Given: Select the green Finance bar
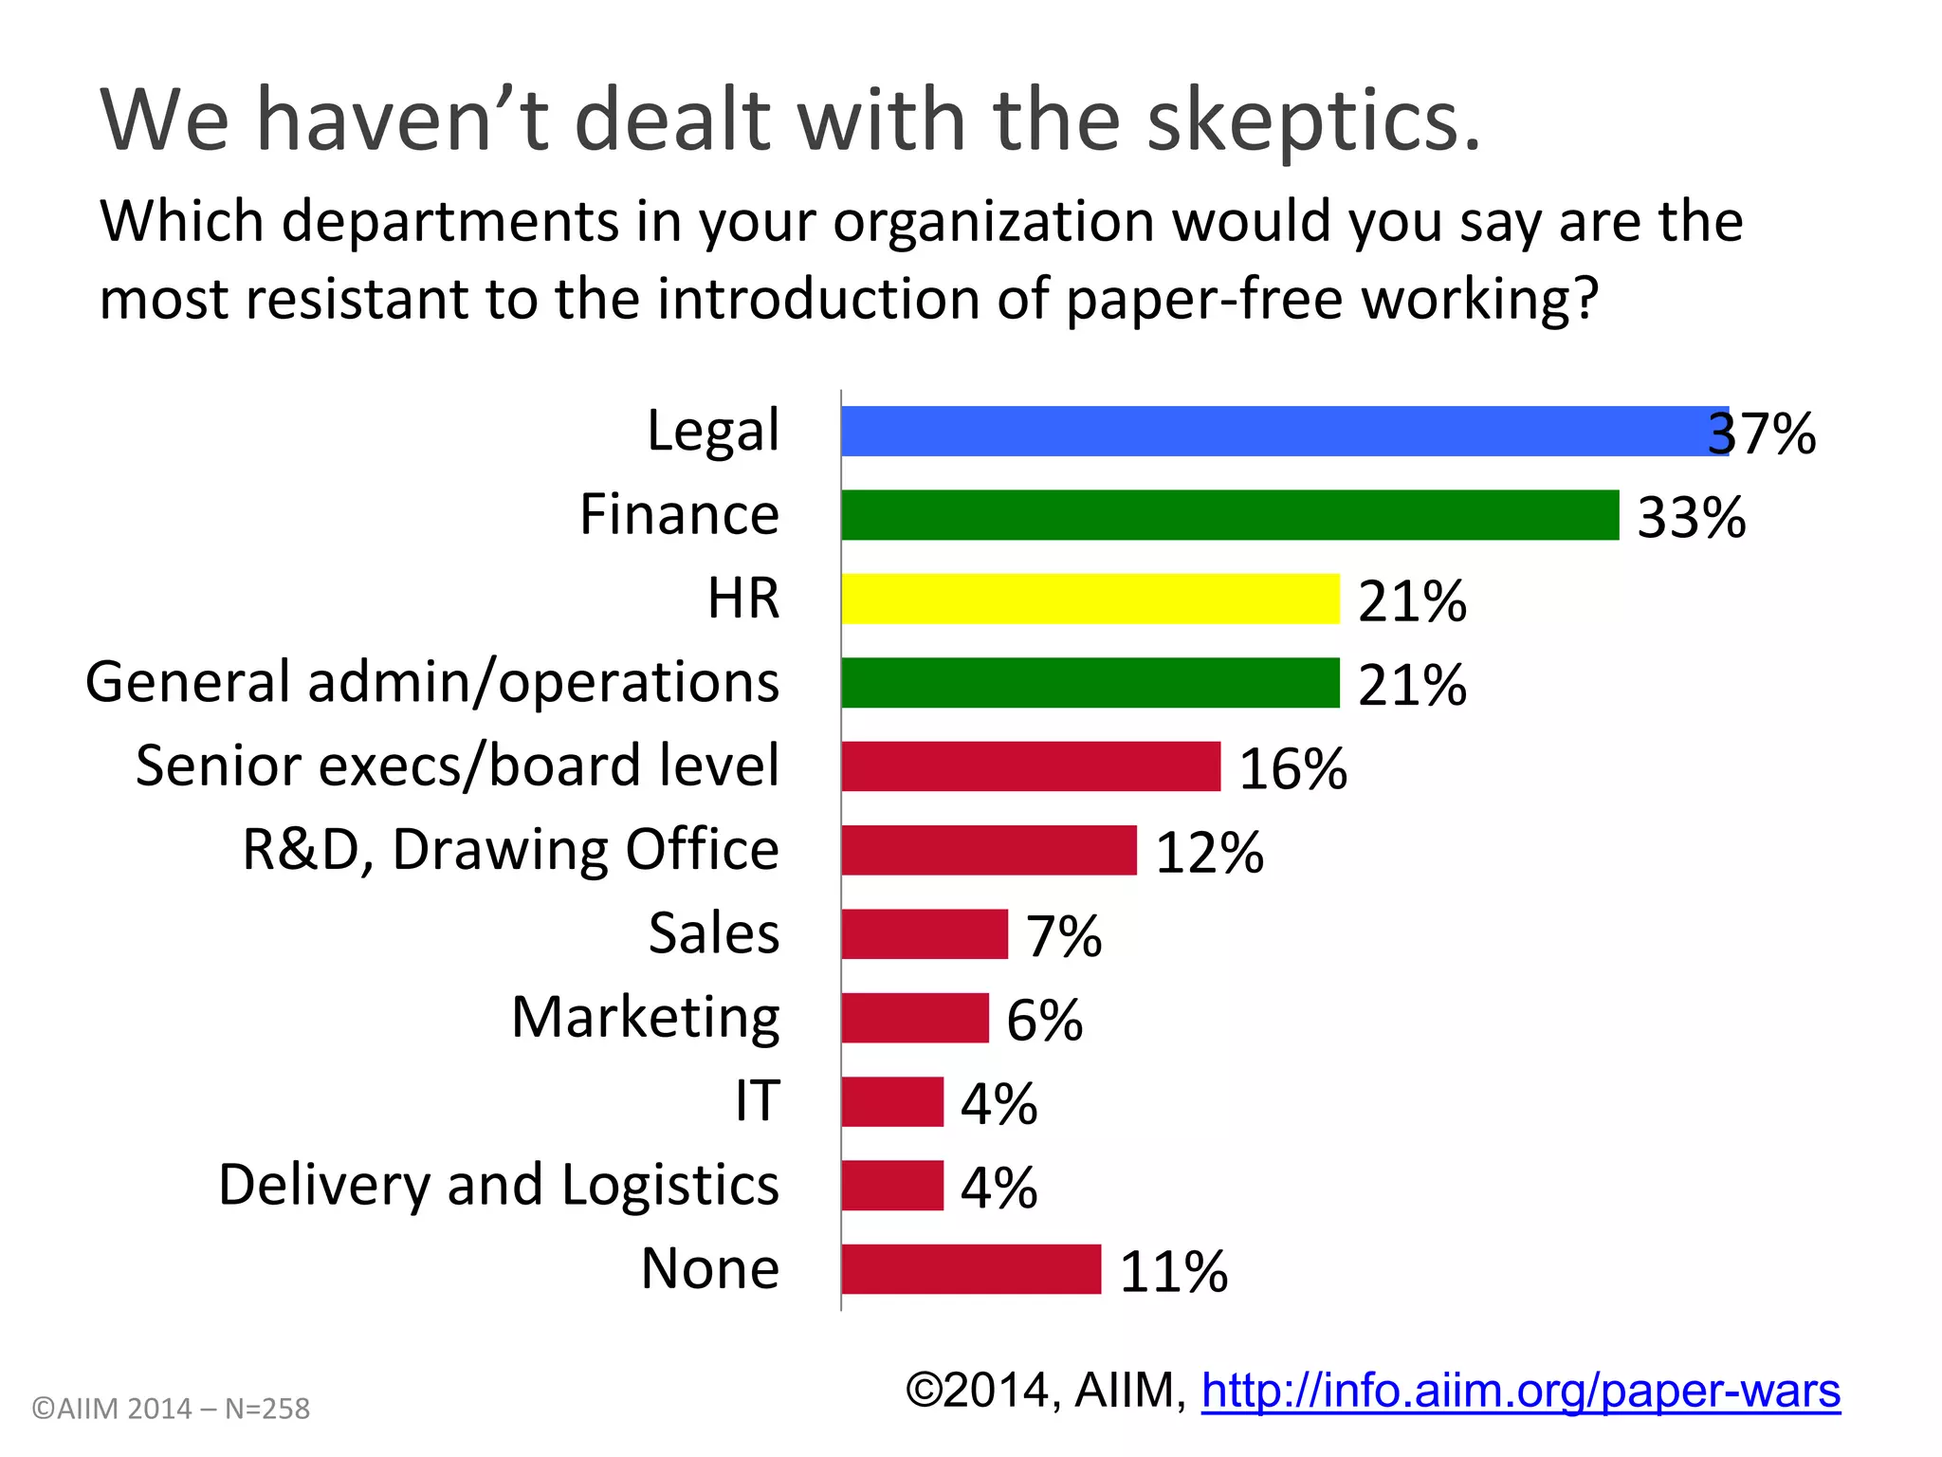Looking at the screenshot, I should pos(1230,515).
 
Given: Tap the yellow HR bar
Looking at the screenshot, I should pos(1090,599).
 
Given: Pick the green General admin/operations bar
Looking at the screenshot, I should pos(1090,682).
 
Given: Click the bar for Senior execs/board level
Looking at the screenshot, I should pos(1031,766).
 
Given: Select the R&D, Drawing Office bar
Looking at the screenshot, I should pos(989,850).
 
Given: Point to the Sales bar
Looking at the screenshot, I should pos(925,934).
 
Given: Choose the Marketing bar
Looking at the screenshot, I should pos(915,1018).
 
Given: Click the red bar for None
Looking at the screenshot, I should pos(971,1269).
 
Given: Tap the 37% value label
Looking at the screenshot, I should pos(1762,434).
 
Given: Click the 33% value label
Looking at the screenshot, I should pos(1692,518).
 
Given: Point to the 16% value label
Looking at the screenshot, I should pos(1293,768).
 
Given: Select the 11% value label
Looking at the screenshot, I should pos(1174,1272).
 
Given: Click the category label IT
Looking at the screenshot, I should pos(758,1101).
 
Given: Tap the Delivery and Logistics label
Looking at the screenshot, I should pos(499,1185).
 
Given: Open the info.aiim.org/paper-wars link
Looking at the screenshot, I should pos(1520,1392).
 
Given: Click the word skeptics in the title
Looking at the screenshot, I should pos(1313,120).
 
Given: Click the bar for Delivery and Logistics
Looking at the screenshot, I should pos(892,1186).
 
